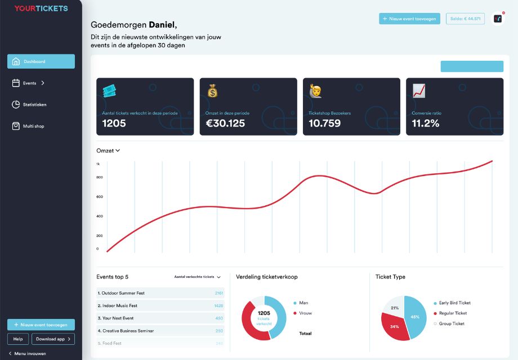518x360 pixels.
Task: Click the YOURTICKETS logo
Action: pos(41,8)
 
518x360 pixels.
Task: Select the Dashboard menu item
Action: pos(41,61)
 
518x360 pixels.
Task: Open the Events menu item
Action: pos(29,83)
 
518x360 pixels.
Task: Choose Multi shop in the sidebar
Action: pos(33,126)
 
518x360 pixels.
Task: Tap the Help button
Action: pos(17,339)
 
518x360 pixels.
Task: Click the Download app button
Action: pos(53,339)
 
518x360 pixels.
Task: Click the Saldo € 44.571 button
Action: pos(465,19)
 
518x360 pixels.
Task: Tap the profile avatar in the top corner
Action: pos(498,19)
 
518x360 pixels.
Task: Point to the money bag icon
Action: pos(212,91)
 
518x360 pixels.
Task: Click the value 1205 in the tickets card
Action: pos(114,123)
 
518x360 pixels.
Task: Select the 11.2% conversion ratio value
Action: pos(425,123)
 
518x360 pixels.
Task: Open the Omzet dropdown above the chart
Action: pos(108,151)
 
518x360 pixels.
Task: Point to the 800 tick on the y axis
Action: pos(99,177)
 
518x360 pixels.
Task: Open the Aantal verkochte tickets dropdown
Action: pos(197,277)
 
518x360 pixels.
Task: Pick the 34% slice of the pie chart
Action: pos(395,326)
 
